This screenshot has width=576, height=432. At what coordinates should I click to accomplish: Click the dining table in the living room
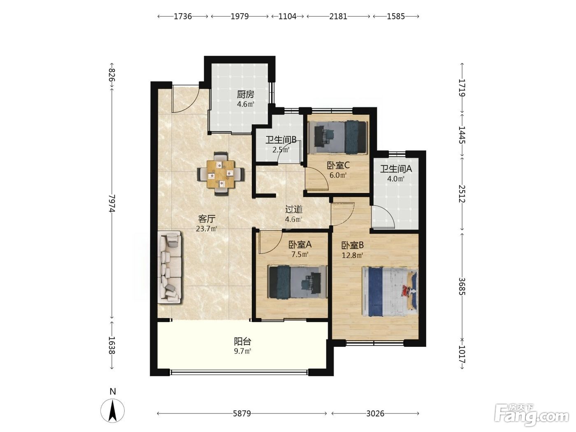(221, 174)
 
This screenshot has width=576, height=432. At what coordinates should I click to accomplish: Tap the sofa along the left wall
(170, 267)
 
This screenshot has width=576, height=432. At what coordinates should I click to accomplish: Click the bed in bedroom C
(337, 137)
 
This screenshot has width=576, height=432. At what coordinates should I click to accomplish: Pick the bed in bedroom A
(297, 282)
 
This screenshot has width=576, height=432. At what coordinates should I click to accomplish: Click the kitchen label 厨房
(246, 94)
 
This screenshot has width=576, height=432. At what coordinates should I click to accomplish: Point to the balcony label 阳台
(242, 341)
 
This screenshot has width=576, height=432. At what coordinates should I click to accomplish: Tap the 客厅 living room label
(207, 218)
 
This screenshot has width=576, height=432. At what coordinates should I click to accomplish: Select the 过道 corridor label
(294, 209)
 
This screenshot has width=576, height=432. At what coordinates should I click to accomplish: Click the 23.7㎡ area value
(207, 229)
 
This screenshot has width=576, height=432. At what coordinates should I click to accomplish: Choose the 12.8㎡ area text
(353, 255)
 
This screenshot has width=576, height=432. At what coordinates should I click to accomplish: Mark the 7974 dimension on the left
(112, 203)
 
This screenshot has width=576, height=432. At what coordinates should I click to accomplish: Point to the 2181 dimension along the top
(338, 16)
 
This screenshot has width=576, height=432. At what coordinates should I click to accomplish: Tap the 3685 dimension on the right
(462, 286)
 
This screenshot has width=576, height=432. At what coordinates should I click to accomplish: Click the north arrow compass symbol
(113, 411)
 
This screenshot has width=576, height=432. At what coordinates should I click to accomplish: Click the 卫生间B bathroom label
(281, 140)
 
